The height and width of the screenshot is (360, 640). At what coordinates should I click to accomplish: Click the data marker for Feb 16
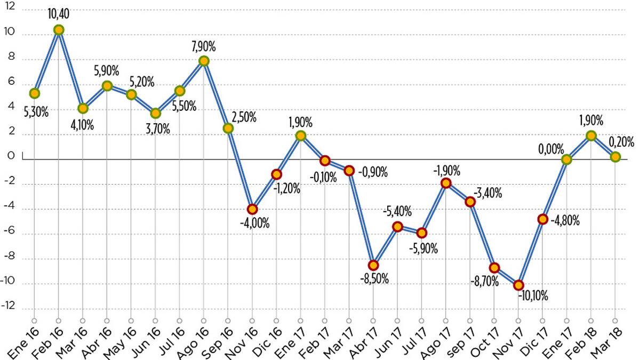(x=59, y=30)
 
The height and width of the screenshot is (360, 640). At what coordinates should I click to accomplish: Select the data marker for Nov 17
(x=518, y=285)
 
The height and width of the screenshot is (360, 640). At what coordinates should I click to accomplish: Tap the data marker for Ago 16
(x=204, y=61)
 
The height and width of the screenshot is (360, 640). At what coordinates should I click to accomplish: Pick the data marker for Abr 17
(x=373, y=265)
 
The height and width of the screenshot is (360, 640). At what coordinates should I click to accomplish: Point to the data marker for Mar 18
(x=615, y=157)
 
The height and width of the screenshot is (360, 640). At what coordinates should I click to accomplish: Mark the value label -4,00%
(x=254, y=223)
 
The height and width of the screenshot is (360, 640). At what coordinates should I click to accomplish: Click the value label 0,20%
(x=621, y=142)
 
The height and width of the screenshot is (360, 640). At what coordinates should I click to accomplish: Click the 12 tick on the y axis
(x=11, y=10)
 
